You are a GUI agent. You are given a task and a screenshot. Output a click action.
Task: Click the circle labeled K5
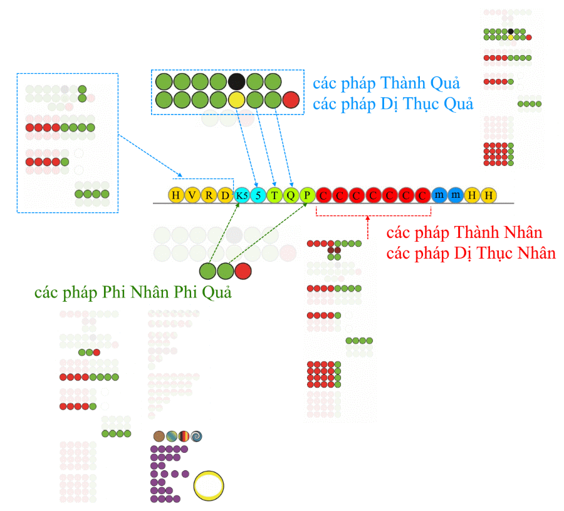point(242,195)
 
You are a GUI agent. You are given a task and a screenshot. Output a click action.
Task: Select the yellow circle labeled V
point(192,195)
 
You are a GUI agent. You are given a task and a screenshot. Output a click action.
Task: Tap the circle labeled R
point(209,195)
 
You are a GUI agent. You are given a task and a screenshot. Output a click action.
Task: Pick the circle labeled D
point(226,195)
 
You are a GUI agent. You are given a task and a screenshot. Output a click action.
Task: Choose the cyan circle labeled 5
point(258,195)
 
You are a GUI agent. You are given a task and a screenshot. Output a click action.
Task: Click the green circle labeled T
point(274,195)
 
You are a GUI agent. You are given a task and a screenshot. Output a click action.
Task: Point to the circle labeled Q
point(291,195)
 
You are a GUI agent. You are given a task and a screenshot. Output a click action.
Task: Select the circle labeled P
point(307,195)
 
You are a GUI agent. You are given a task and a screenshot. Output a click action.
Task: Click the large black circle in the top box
point(237,81)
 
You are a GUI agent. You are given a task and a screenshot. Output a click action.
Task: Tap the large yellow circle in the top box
point(237,100)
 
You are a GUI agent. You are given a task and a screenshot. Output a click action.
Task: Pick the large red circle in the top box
point(291,100)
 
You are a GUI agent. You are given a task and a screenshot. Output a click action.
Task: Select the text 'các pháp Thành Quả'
point(386,83)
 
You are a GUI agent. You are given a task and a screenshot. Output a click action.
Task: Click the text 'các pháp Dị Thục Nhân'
point(471,254)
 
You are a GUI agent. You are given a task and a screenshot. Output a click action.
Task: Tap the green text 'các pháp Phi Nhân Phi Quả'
point(133,292)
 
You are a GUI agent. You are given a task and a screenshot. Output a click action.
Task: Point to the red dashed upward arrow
point(368,227)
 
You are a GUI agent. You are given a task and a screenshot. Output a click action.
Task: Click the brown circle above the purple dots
point(159,436)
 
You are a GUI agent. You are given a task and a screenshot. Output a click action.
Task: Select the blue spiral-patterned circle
point(196,436)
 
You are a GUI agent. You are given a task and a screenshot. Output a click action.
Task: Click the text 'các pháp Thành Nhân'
point(464,232)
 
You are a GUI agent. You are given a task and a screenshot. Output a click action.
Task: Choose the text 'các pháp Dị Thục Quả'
point(393,104)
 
